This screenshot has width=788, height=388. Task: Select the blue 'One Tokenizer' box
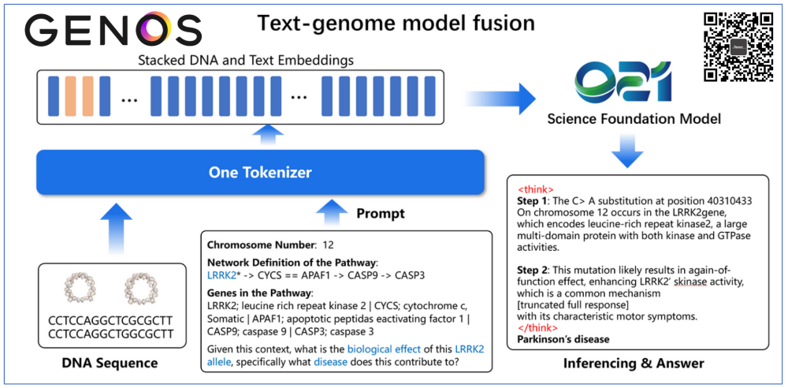[259, 172]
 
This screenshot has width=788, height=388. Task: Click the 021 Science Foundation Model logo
[617, 82]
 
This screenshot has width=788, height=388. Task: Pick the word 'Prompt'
[381, 214]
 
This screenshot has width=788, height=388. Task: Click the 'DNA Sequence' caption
[110, 364]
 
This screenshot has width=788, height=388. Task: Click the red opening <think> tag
[536, 190]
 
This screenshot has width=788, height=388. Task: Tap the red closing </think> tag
[538, 327]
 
